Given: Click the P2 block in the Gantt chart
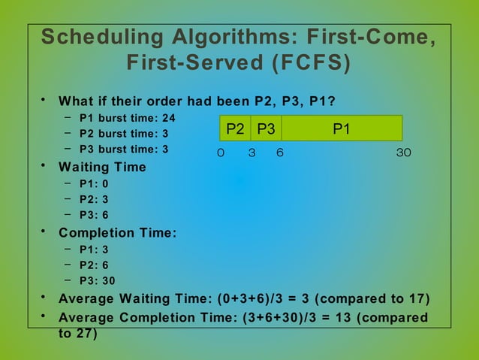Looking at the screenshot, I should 235,129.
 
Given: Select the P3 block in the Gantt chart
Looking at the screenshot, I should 266,129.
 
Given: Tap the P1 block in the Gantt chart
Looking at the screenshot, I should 342,129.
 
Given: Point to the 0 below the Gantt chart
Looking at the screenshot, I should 220,153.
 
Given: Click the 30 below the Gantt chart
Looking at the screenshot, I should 405,153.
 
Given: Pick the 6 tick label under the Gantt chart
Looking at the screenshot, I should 279,153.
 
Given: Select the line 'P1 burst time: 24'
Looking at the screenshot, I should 127,118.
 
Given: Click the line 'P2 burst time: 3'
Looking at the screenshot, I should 124,134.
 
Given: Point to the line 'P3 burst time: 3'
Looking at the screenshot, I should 124,150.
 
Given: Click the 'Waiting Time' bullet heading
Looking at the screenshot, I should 102,167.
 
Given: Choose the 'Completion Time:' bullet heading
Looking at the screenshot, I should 118,233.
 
